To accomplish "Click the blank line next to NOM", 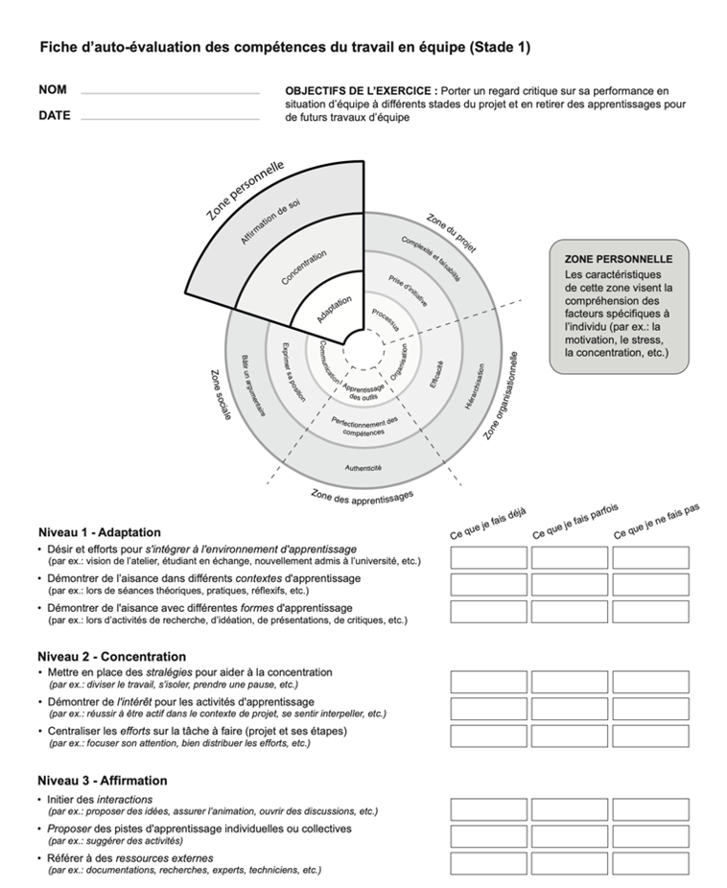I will point(170,92).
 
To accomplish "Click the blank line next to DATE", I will point(170,118).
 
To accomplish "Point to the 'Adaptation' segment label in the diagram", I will point(334,309).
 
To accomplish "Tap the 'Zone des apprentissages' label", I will point(363,496).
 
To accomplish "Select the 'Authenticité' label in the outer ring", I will point(363,468).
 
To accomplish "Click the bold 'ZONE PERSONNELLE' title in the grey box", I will point(619,259).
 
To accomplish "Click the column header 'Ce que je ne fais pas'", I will point(656,521).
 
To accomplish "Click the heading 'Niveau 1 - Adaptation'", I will point(100,532).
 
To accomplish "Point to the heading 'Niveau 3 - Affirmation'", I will point(103,781).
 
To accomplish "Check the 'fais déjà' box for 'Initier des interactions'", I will point(488,808).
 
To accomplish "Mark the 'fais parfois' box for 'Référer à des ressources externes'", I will point(570,863).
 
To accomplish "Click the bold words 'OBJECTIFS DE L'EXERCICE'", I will point(361,90).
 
